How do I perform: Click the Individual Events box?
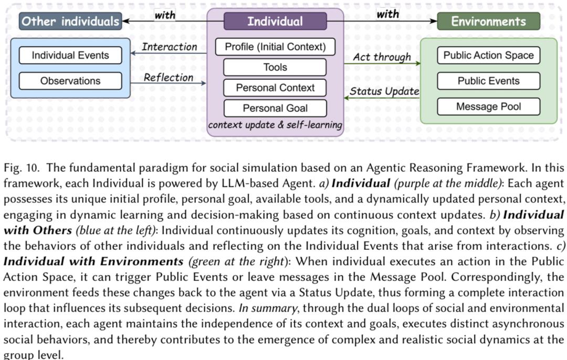point(70,55)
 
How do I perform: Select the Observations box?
point(70,81)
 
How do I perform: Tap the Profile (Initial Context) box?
point(275,47)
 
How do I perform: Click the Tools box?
point(275,67)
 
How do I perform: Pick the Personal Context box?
point(275,88)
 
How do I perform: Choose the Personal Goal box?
point(275,108)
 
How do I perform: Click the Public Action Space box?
point(489,55)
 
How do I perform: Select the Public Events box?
point(489,81)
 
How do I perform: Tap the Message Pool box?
point(489,107)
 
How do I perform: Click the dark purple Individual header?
point(275,22)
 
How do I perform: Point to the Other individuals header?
point(70,22)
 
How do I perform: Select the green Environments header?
point(489,22)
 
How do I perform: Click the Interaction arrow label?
point(169,47)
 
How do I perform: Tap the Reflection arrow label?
point(169,78)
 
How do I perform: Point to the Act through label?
point(382,57)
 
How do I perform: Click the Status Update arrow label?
point(384,91)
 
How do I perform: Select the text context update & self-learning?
point(275,125)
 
